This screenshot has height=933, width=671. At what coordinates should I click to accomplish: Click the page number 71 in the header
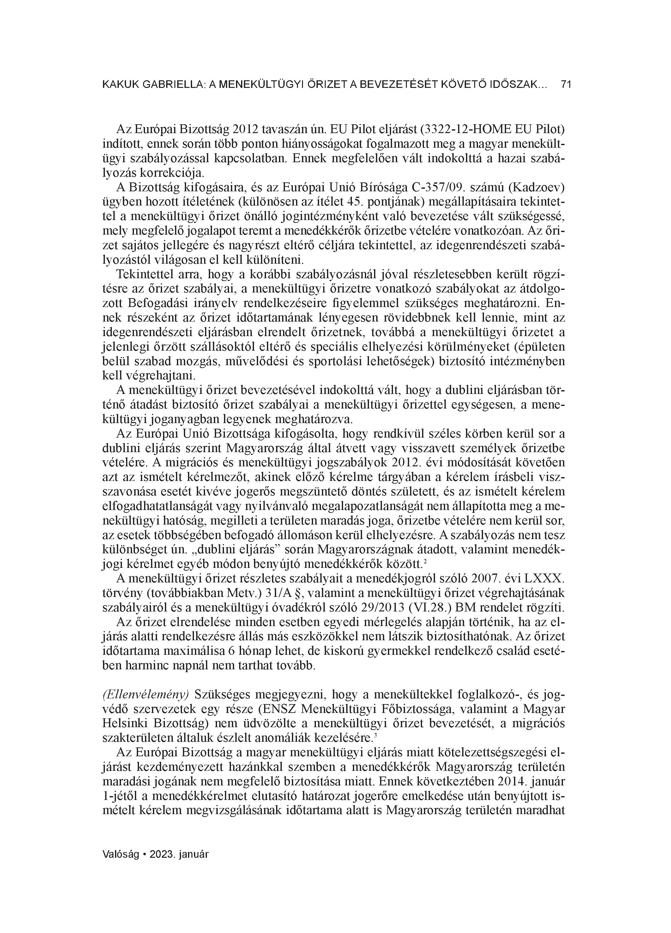[566, 85]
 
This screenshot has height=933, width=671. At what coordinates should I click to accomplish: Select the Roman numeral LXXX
[543, 578]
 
